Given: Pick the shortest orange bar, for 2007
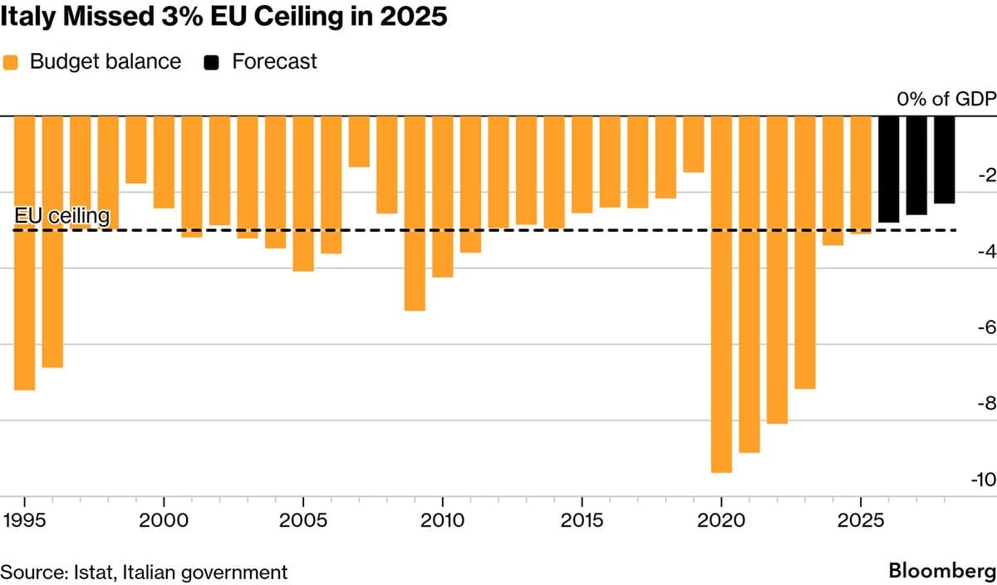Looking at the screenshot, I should pos(359,141).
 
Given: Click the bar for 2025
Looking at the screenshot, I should pos(861,175).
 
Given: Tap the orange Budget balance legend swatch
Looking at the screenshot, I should pos(11,61).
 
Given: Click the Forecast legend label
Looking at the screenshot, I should pos(274,61).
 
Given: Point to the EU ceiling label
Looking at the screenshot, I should pos(62,216).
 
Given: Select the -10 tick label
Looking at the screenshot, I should pos(982,480).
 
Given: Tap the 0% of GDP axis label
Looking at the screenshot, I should pos(945,100).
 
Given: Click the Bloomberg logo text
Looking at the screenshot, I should pos(941,572).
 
